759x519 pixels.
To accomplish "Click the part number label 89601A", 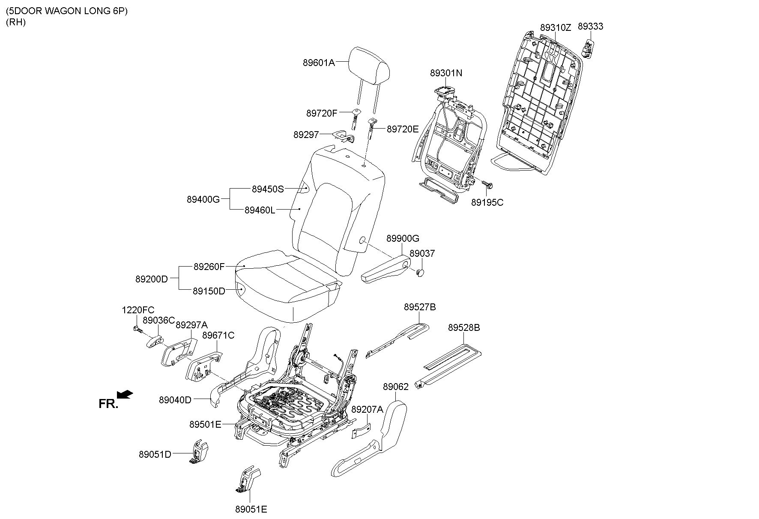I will [x=318, y=63].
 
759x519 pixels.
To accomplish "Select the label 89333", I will [x=590, y=27].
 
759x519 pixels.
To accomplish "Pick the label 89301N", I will [x=446, y=73].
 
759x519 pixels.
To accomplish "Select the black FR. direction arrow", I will [x=125, y=394].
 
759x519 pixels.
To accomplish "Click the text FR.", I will [x=108, y=404].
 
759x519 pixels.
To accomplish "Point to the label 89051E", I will [x=251, y=509].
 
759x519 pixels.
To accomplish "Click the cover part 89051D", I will [x=199, y=452].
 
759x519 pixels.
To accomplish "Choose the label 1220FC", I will [x=138, y=310].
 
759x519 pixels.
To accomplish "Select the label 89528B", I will [x=464, y=328].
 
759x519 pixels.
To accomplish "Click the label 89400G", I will [x=203, y=199].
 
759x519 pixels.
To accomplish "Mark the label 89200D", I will [x=152, y=279].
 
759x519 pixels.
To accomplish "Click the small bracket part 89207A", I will [x=361, y=431].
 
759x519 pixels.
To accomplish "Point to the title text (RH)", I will [x=16, y=23].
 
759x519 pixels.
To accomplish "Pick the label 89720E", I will [x=403, y=129].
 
